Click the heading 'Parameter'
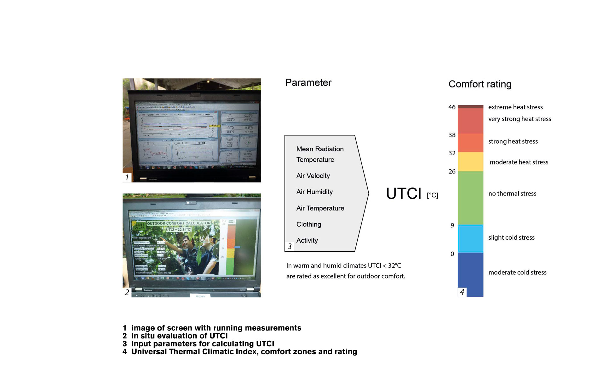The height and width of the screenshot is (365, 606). point(308,83)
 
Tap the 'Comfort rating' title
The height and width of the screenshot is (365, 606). point(480,84)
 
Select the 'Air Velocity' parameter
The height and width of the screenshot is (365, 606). point(313,176)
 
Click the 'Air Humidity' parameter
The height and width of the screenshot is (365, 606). point(314,192)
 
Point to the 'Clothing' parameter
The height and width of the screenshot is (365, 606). point(309,224)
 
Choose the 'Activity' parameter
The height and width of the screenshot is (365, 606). point(307,241)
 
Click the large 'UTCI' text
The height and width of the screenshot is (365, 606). point(404,194)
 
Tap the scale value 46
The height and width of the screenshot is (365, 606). point(452,107)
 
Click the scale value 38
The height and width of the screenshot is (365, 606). point(452,135)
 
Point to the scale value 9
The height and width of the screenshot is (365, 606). point(452,225)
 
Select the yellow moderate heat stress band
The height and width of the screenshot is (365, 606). point(470,162)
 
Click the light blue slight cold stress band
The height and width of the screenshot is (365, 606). point(470,239)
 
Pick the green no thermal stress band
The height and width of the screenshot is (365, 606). point(470,198)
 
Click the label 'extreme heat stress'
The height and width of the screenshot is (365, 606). point(515,107)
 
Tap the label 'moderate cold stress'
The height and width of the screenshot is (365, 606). point(517,272)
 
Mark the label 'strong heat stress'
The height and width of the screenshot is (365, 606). point(513,141)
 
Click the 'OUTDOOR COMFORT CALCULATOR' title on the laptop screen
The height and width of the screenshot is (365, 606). point(179,223)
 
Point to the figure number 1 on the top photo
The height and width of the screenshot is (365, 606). point(127,177)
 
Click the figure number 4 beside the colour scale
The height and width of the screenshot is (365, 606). point(462,292)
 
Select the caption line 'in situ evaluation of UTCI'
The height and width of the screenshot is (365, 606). point(179,336)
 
